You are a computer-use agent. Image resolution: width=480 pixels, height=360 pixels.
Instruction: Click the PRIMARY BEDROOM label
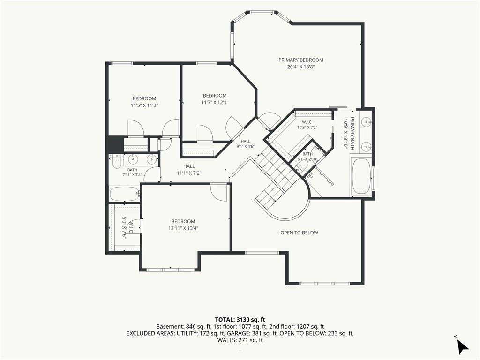[x=300, y=60]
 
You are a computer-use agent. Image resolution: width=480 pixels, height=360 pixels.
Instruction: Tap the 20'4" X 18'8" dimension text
[x=301, y=67]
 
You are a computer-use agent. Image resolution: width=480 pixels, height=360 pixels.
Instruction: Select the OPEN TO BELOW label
[x=299, y=232]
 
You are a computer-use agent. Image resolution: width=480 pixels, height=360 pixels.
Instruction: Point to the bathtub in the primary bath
[x=361, y=176]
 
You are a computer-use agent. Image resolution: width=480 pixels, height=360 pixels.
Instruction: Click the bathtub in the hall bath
[x=124, y=194]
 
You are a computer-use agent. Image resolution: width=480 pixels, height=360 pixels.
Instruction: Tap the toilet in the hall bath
[x=116, y=161]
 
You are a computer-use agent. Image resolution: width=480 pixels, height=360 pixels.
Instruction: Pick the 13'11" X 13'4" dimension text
[x=183, y=228]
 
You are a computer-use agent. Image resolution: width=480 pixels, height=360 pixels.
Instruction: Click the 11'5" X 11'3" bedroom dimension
[x=144, y=105]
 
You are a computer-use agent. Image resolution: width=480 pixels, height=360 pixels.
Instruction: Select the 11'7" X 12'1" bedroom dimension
[x=215, y=102]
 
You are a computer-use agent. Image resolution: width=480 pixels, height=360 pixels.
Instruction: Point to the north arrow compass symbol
[x=462, y=345]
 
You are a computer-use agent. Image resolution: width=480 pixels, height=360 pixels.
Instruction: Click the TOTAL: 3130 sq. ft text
[x=240, y=320]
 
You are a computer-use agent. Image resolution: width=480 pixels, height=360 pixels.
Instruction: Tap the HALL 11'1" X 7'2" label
[x=189, y=170]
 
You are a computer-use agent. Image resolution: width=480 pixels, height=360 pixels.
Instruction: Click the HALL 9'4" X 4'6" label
[x=245, y=144]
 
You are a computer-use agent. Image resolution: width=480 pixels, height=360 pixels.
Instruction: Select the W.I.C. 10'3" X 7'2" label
[x=307, y=125]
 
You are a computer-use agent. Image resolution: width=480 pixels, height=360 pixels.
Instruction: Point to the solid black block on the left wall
[x=114, y=144]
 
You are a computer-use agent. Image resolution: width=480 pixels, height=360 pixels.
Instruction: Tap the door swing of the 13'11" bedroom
[x=219, y=192]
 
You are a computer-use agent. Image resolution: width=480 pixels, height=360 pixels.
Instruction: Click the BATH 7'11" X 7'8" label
[x=132, y=172]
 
